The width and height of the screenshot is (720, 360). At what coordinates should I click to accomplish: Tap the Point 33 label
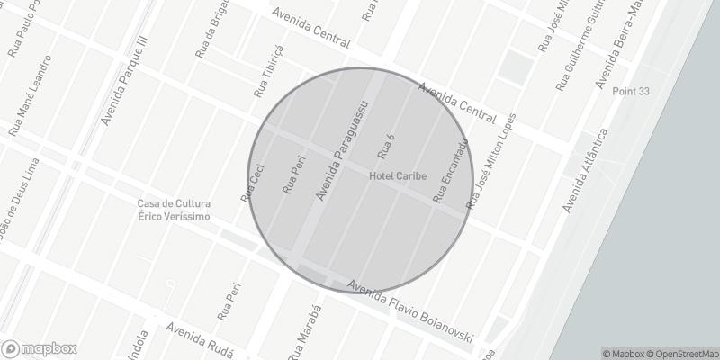(630, 92)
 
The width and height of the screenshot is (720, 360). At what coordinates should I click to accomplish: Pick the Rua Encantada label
(451, 170)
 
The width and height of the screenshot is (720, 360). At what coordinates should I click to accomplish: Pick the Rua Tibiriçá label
(268, 70)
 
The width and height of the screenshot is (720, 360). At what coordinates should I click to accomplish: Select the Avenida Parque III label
(123, 81)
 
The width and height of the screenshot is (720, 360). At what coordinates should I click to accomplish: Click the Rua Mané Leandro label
(31, 95)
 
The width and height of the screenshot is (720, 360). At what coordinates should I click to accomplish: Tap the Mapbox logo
(40, 348)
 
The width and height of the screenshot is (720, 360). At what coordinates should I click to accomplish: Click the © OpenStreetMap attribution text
(681, 353)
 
